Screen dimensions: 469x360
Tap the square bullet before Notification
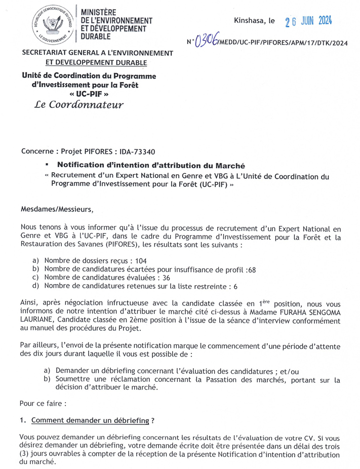[x=47, y=165]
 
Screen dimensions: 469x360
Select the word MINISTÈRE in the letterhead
[x=99, y=12]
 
